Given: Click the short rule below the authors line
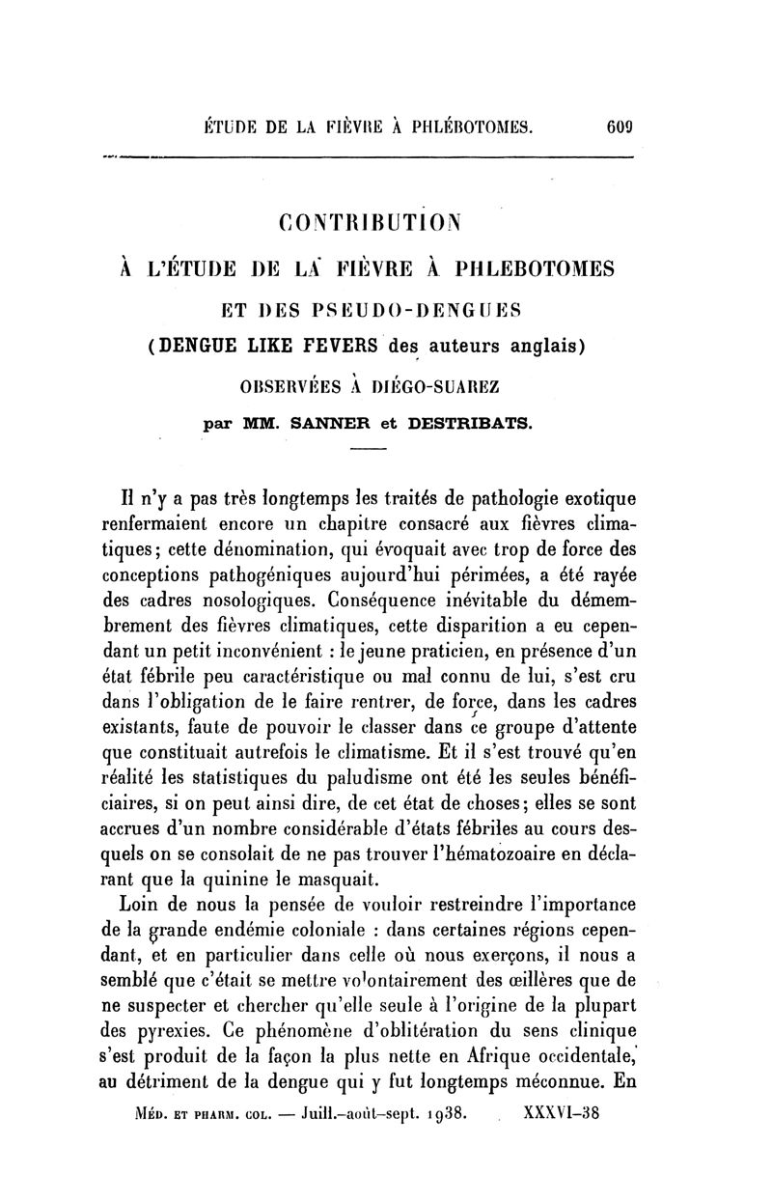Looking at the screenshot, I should [x=367, y=452].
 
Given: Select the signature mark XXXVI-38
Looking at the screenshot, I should [x=561, y=1111].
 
